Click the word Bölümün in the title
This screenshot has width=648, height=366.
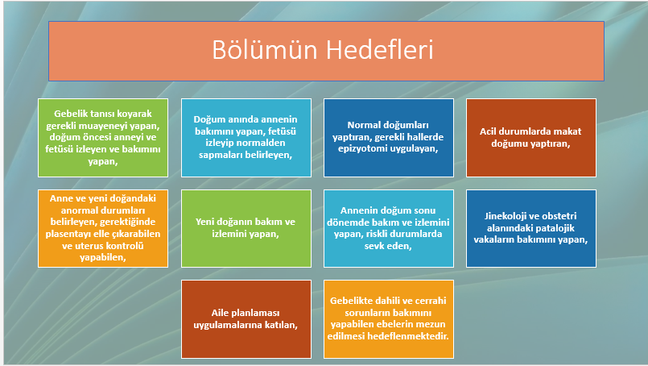click(265, 50)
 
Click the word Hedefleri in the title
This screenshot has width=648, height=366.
click(379, 50)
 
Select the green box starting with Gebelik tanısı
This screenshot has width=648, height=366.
click(103, 138)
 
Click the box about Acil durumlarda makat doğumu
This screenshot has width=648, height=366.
click(531, 138)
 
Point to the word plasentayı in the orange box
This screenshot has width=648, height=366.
click(68, 234)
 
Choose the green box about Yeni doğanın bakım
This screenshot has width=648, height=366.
click(246, 228)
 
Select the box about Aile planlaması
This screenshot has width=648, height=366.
click(246, 318)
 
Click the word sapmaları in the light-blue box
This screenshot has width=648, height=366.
click(219, 155)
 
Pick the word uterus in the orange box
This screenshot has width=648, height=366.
click(89, 246)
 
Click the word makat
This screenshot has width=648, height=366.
click(569, 131)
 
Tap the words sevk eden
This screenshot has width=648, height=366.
click(388, 246)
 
